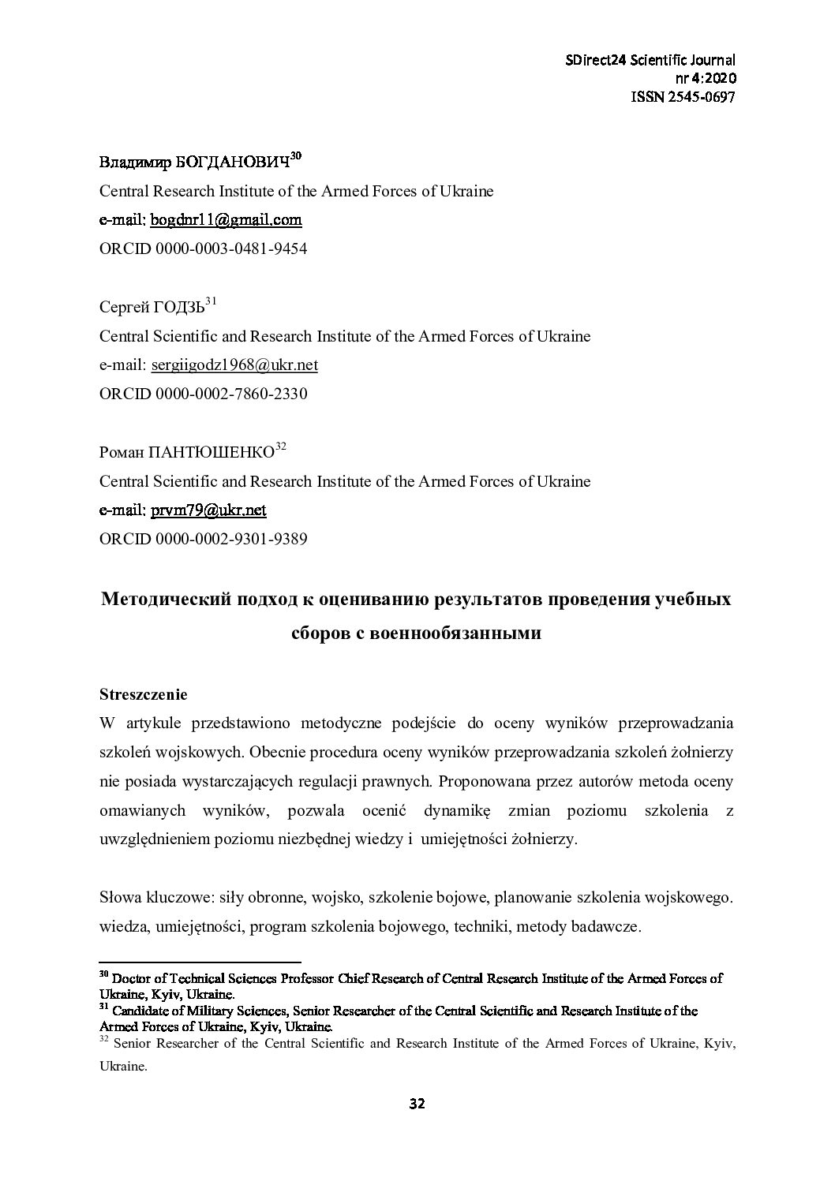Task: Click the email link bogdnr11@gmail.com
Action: pos(226,220)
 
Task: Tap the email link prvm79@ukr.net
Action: pos(208,510)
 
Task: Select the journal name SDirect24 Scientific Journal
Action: pos(651,61)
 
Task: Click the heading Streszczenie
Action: pos(143,695)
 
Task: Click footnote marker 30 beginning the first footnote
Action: pos(103,975)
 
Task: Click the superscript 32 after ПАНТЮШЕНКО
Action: pos(280,447)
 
